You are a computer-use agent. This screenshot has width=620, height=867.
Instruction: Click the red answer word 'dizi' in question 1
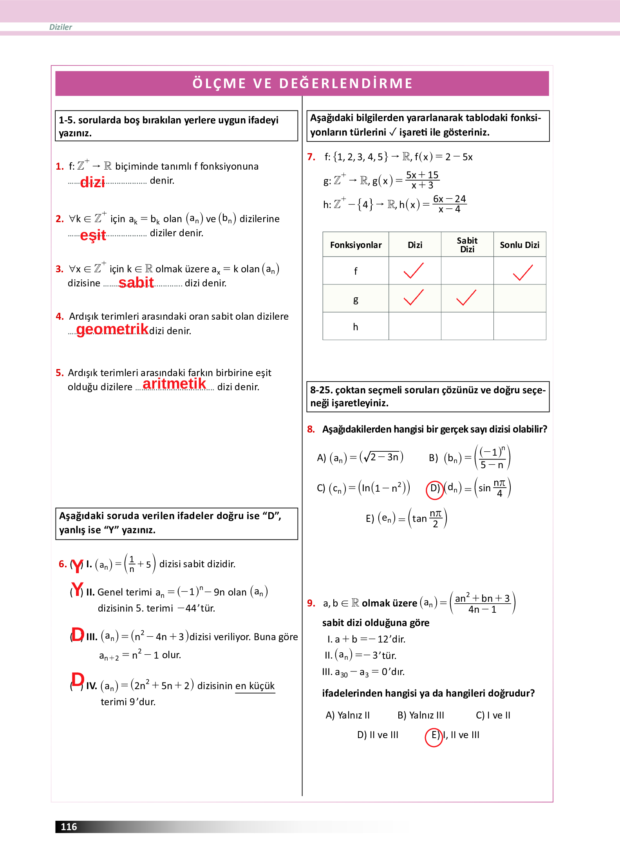(92, 182)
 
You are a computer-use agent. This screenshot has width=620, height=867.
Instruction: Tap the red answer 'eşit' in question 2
(93, 235)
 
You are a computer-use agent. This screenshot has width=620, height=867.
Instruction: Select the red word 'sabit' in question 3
(136, 282)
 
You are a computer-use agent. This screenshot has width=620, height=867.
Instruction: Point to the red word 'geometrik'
(112, 329)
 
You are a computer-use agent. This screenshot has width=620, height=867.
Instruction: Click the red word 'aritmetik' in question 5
(174, 384)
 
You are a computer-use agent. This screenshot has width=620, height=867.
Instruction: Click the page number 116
(69, 827)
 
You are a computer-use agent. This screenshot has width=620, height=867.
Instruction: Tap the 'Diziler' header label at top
(61, 27)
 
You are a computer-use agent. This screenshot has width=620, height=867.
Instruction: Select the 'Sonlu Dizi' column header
(519, 245)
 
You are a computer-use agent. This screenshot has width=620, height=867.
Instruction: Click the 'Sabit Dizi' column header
(467, 245)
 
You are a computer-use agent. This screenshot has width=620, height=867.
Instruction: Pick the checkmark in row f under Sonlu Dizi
(522, 272)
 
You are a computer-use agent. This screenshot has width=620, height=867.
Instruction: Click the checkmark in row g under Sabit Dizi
(466, 298)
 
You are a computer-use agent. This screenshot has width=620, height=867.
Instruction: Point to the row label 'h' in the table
(355, 327)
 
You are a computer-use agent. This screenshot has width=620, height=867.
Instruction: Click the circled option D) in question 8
(435, 489)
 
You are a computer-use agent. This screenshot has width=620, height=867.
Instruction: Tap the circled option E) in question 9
(434, 736)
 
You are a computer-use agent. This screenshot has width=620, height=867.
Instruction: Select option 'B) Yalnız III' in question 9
(421, 715)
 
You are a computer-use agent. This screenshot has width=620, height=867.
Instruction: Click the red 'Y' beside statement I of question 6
(78, 565)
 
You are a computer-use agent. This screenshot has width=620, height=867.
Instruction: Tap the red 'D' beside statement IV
(78, 680)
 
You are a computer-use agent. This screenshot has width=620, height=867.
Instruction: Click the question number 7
(311, 157)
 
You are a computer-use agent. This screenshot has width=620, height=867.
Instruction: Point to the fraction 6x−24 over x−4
(449, 204)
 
